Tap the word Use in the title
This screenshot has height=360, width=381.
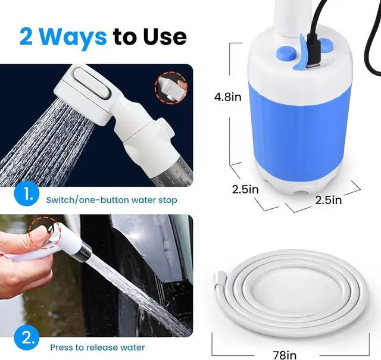pos(164,36)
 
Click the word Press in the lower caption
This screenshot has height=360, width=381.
pos(63,347)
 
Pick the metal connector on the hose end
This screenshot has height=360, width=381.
pos(218,277)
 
